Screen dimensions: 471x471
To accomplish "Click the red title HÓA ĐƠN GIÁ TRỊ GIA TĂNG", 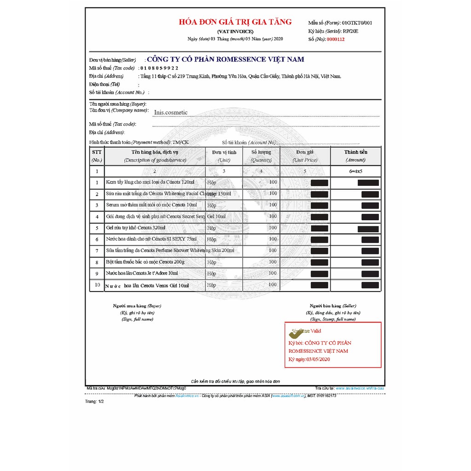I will (x=235, y=22).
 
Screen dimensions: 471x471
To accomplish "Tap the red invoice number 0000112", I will (x=335, y=40).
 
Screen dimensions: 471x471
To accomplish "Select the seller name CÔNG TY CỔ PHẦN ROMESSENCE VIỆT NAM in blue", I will (x=225, y=59).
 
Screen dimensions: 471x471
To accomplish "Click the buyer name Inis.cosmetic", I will (x=171, y=112).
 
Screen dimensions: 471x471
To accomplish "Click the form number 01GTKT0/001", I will (x=357, y=23).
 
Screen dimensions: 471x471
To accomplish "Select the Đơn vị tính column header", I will (x=224, y=152).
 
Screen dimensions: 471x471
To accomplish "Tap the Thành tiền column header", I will (x=356, y=152).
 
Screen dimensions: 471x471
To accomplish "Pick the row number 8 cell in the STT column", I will (x=97, y=262).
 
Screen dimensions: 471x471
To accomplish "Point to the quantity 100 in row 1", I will (x=273, y=182).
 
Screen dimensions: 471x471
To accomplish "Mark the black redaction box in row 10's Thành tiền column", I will (x=370, y=285).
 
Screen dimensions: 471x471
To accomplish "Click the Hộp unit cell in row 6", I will (x=212, y=239).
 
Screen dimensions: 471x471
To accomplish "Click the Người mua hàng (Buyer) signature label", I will (x=137, y=306).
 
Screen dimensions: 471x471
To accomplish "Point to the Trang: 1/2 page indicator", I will (x=95, y=402).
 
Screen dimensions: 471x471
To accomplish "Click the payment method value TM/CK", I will (x=180, y=143).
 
